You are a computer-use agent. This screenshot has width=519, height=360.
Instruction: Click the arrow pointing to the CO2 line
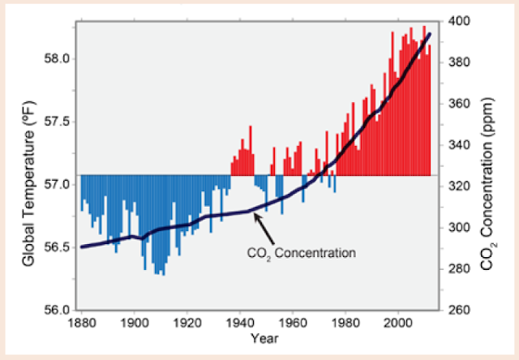(263, 229)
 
